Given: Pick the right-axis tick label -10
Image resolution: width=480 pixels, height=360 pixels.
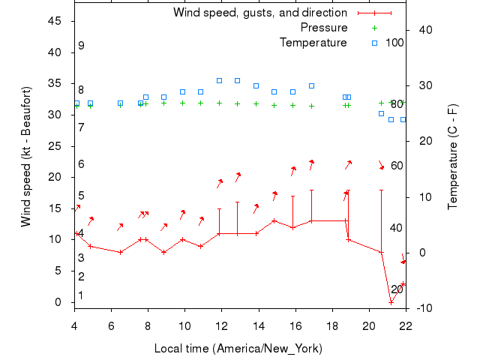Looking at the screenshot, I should click(424, 307).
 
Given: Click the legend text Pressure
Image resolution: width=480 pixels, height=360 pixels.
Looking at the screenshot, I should click(323, 28).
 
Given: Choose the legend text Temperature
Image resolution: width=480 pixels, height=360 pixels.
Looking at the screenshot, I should click(313, 43).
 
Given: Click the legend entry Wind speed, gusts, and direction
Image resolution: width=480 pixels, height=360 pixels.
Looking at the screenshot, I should click(259, 13).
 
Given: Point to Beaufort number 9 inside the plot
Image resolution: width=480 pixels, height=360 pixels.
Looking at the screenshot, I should click(81, 46).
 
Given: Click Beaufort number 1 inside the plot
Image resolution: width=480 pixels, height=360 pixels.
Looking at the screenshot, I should click(81, 295).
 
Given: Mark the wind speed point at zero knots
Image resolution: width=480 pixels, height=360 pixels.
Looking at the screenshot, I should click(391, 301).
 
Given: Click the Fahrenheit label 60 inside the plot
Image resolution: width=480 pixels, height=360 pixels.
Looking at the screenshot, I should click(397, 166).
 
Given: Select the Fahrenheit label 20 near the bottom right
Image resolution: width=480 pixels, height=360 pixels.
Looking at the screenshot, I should click(397, 289).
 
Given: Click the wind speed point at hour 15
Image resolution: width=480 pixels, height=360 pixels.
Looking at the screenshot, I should click(274, 220).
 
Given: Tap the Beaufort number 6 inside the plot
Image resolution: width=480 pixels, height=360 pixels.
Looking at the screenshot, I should click(81, 164).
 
